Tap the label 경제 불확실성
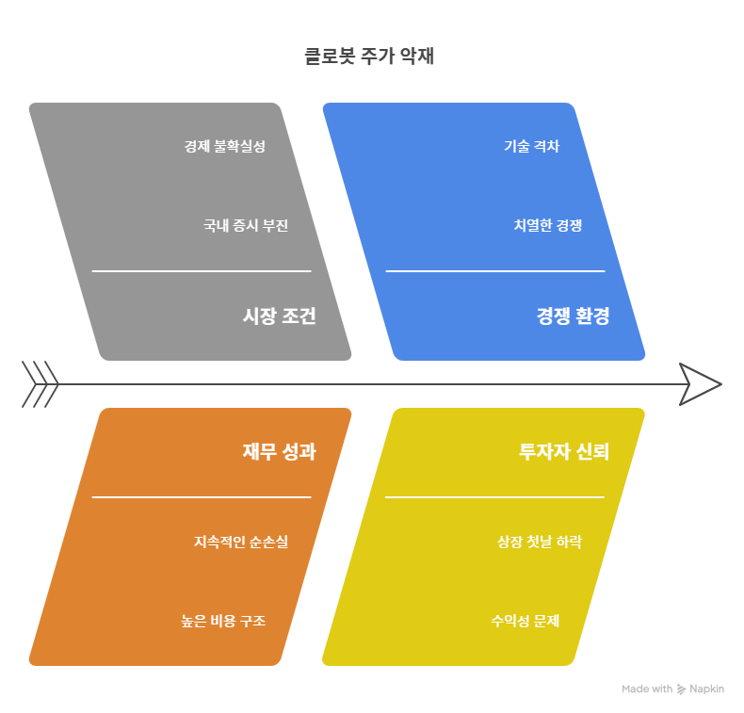point(224,146)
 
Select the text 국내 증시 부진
point(246,225)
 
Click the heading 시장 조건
point(279,316)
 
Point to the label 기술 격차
point(531,146)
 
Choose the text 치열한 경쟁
point(547,225)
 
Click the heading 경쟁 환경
point(573,316)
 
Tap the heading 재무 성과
point(279,452)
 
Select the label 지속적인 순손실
point(241,542)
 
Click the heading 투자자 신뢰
point(564,452)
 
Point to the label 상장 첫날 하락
point(540,542)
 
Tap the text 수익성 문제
point(525,621)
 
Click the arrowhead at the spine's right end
point(700,384)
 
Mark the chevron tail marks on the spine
point(40,384)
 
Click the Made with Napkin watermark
point(672,689)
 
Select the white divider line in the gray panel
point(201,271)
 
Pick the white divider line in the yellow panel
point(494,496)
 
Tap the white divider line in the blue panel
point(494,271)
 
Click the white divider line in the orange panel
point(201,496)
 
